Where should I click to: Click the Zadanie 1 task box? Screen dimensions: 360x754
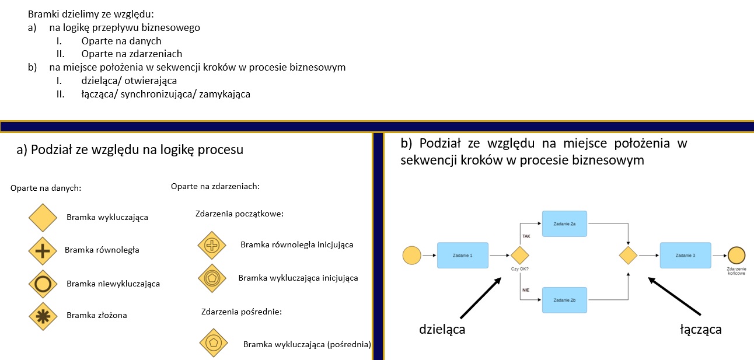[462, 255]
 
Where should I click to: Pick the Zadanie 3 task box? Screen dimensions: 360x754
[685, 255]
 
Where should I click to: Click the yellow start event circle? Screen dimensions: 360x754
[412, 255]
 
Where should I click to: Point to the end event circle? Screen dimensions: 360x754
[736, 255]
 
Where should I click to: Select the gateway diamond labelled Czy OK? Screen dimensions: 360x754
[519, 255]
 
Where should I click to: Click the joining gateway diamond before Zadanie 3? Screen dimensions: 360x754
[628, 255]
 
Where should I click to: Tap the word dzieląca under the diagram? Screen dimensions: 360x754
[442, 329]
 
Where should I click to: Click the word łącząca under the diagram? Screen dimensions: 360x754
[701, 329]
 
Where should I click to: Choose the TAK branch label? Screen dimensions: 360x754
[526, 236]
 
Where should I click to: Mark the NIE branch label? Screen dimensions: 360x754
[526, 289]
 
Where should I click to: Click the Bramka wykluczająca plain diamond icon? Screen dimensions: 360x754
[43, 218]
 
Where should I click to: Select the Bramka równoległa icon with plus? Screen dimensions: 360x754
[43, 251]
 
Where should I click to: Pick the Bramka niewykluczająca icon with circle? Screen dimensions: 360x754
[43, 284]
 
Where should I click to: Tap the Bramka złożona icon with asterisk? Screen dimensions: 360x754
[43, 316]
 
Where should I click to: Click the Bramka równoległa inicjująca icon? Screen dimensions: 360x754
[212, 246]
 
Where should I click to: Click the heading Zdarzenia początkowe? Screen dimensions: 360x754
[239, 214]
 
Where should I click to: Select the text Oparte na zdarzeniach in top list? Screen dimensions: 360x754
[132, 54]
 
